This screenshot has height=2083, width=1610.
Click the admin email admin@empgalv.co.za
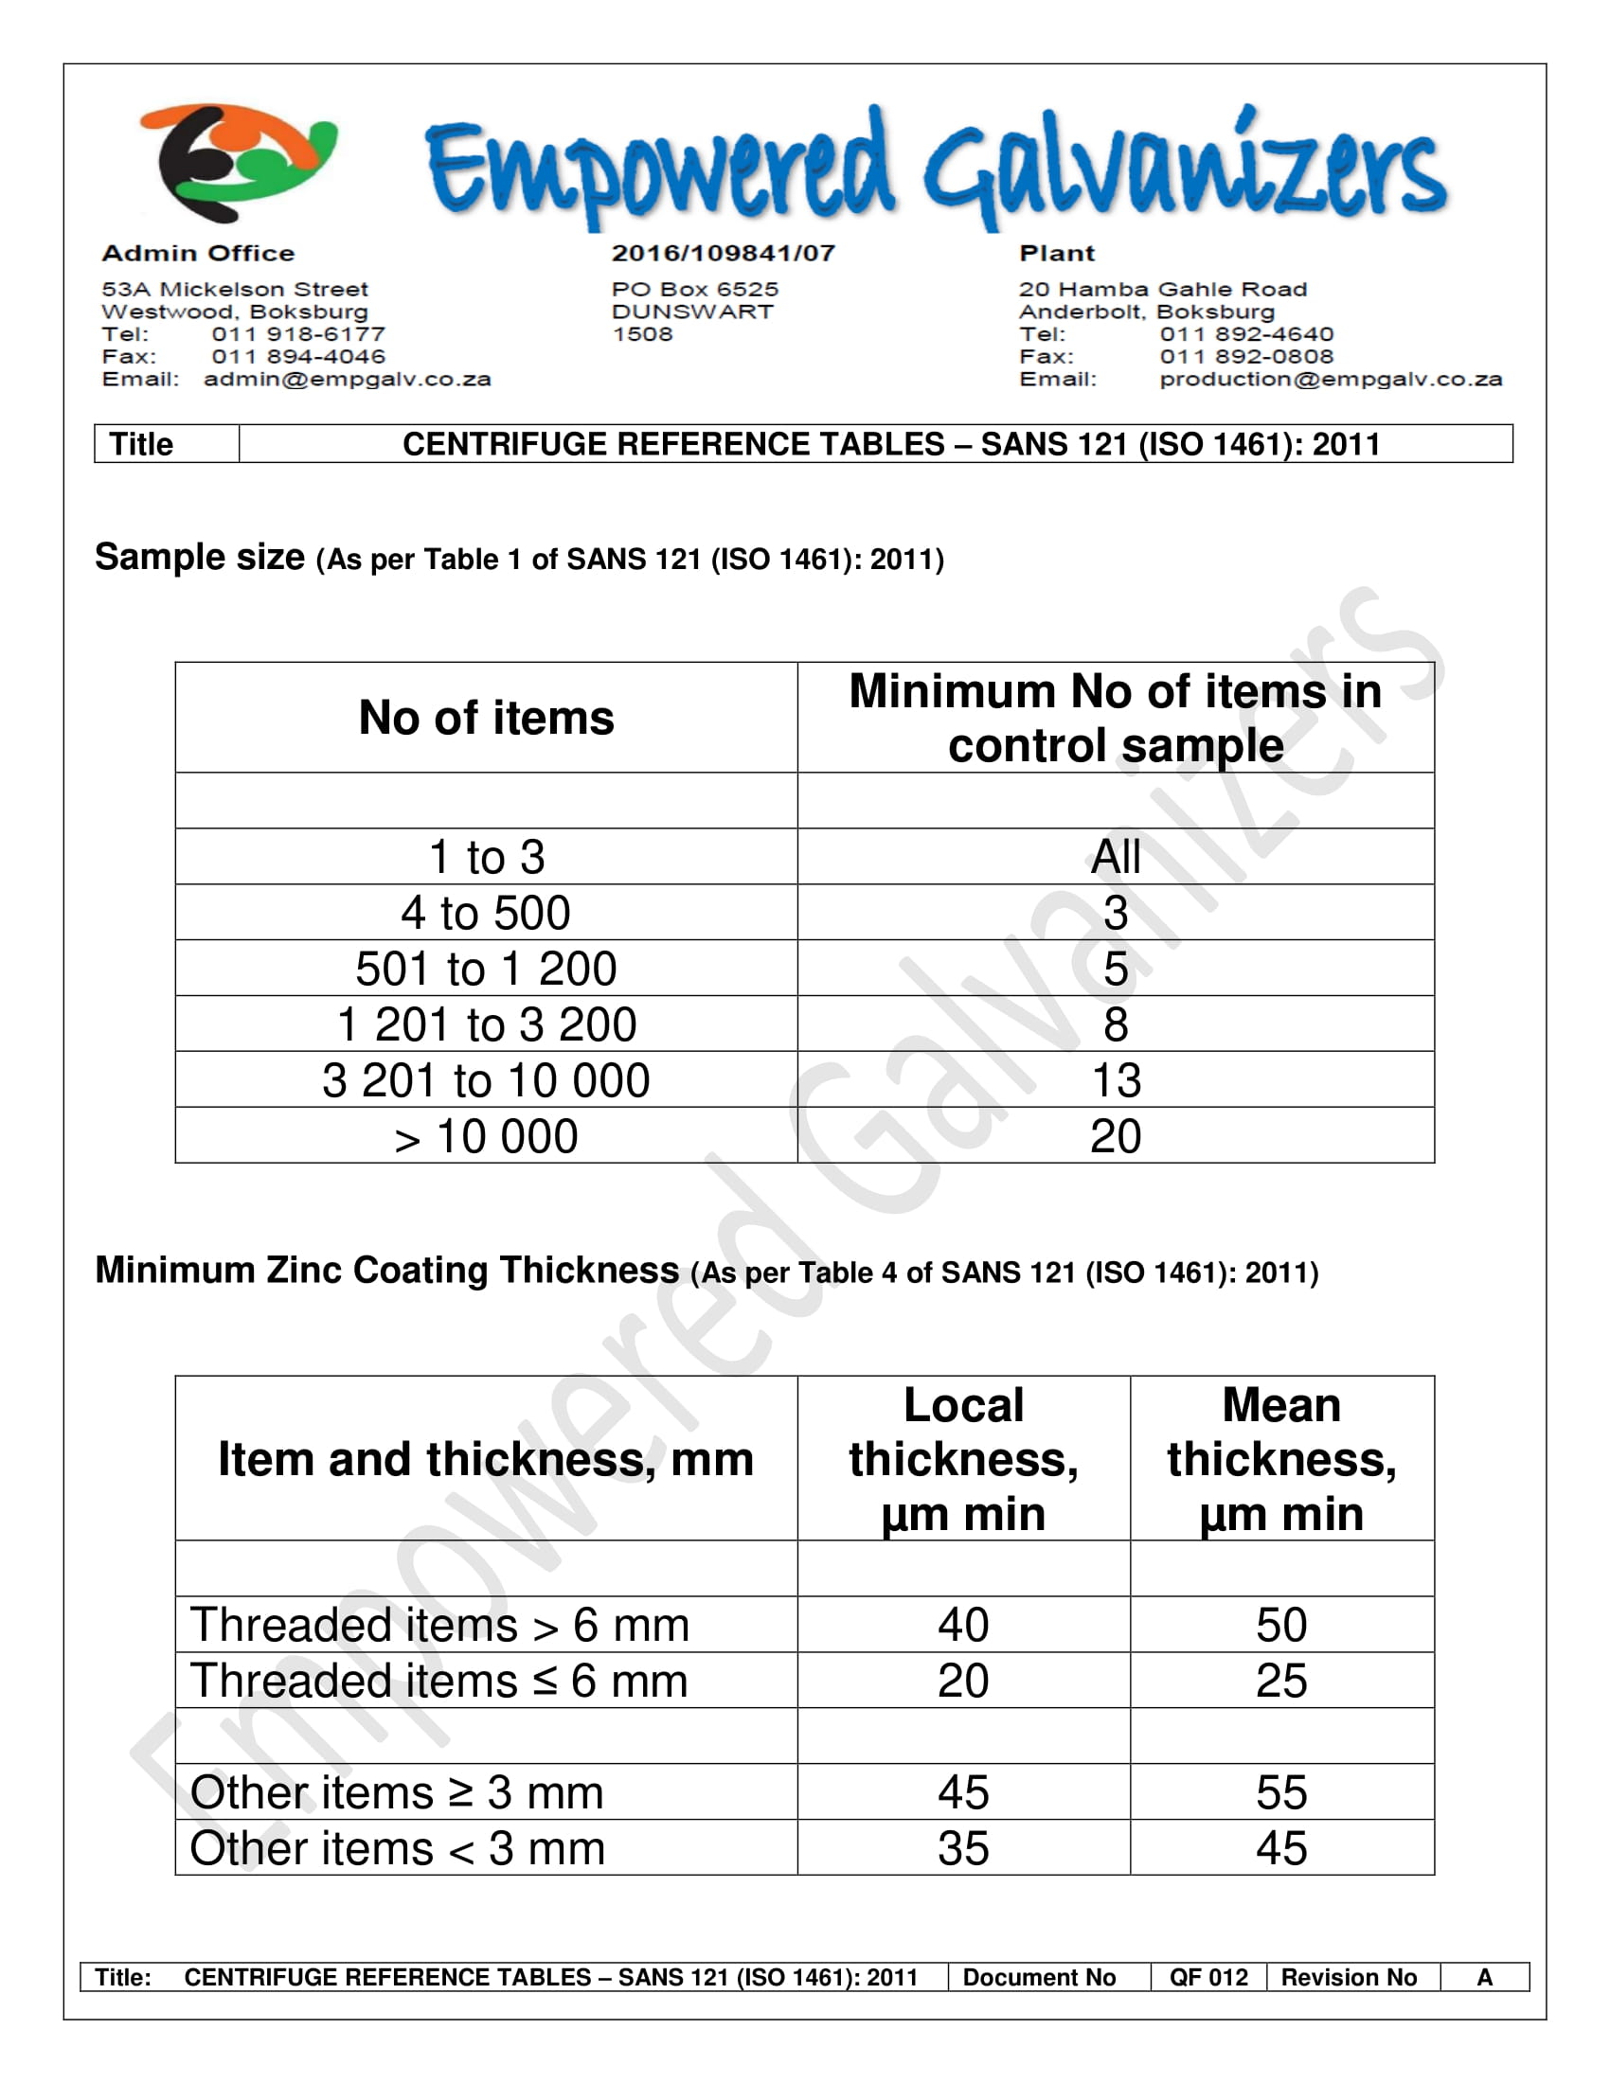point(348,380)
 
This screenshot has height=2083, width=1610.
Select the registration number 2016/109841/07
point(723,254)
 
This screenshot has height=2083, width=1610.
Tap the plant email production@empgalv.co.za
point(1330,380)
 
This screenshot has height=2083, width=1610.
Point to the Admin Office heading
point(198,254)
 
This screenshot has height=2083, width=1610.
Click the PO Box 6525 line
point(694,289)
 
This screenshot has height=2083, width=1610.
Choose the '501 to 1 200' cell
point(486,969)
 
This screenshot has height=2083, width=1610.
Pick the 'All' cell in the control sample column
point(1115,857)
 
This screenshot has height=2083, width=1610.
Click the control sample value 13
point(1115,1080)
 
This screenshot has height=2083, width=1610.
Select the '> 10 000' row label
point(486,1137)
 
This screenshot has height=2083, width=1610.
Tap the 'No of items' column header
point(486,719)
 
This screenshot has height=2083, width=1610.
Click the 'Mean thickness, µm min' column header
point(1281,1459)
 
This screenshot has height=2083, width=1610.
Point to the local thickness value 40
point(962,1625)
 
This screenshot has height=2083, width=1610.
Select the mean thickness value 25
point(1281,1682)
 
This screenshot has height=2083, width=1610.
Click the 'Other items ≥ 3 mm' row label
point(397,1793)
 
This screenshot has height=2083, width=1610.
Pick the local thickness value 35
point(962,1849)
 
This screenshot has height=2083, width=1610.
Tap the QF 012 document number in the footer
point(1207,1977)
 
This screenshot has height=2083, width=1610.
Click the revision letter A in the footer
point(1484,1977)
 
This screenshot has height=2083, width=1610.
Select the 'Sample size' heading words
point(199,557)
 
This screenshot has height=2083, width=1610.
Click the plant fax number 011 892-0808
point(1245,357)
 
